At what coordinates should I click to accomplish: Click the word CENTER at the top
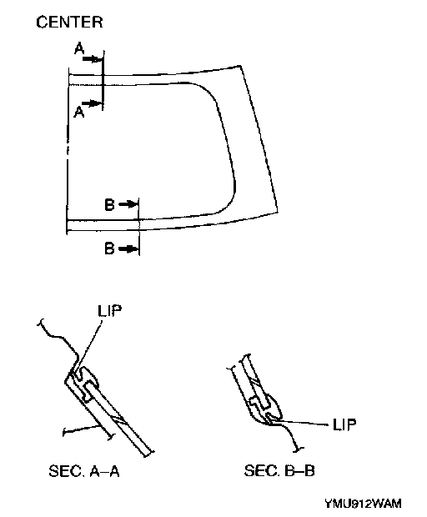[69, 22]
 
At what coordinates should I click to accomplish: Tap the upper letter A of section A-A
[79, 49]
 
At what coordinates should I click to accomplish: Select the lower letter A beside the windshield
[79, 112]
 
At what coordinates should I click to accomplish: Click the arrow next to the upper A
[93, 59]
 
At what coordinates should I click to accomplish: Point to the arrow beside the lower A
[93, 103]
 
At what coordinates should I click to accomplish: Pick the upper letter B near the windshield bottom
[109, 204]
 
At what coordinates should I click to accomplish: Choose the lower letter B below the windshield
[109, 248]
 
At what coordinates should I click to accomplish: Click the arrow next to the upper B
[128, 204]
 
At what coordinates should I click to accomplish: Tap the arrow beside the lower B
[128, 248]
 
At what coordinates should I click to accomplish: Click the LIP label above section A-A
[110, 310]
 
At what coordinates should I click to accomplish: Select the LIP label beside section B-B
[344, 424]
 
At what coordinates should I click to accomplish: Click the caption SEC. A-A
[84, 471]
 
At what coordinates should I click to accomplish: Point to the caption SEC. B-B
[279, 470]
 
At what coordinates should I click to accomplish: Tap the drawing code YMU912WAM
[363, 504]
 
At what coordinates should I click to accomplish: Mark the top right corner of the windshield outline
[240, 66]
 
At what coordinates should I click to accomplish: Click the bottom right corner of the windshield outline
[278, 212]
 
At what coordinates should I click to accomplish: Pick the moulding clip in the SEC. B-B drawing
[265, 407]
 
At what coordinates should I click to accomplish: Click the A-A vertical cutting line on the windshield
[103, 80]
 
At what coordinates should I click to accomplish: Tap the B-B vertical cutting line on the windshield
[139, 227]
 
